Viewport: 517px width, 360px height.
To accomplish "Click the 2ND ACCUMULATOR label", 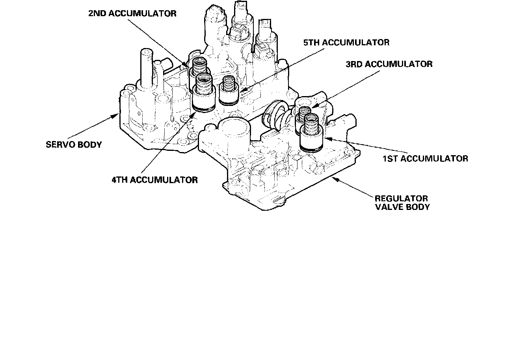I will (x=132, y=13).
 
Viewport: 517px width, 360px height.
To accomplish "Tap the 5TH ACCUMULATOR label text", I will (x=346, y=42).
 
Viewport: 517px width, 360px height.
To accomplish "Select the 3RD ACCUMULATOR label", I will (x=389, y=64).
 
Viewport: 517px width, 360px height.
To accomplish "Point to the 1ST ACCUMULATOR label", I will (x=425, y=159).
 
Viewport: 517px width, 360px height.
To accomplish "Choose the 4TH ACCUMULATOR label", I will (x=154, y=180).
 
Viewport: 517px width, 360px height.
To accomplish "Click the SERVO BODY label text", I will (x=74, y=145).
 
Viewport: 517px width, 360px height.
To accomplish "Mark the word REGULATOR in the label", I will (x=401, y=199).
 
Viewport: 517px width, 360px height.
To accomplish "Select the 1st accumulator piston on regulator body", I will (x=312, y=136).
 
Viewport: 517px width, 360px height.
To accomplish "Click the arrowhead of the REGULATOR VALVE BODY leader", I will (x=334, y=178).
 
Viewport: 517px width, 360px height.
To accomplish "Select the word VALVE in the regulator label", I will (x=389, y=207).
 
